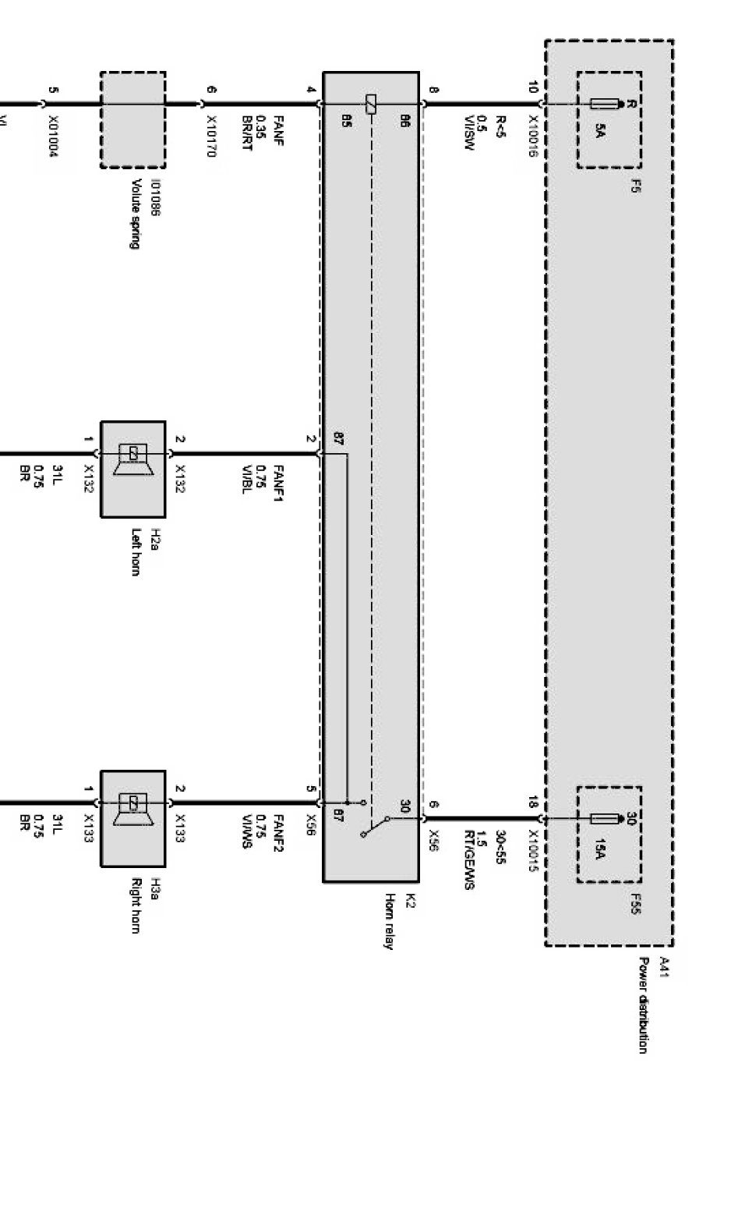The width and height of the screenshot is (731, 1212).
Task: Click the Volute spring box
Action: pos(132,119)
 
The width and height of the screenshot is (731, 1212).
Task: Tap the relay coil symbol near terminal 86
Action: pos(371,104)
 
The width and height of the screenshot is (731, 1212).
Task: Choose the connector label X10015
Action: pos(534,851)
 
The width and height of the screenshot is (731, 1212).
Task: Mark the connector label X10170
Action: pos(210,137)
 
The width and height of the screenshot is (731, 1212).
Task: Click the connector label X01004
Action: pos(53,137)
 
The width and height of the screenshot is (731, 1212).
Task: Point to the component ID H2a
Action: pos(154,540)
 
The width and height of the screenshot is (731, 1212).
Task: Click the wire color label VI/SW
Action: pos(469,133)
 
